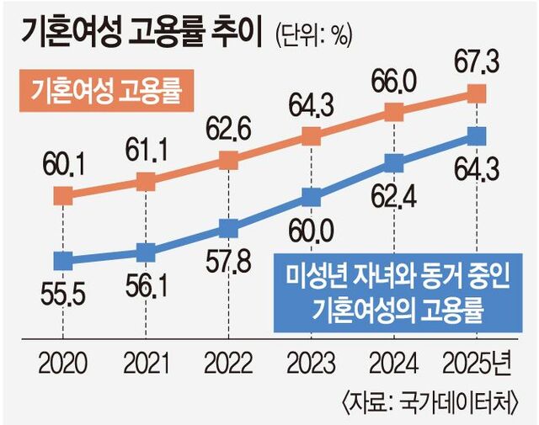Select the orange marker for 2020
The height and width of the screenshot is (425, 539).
click(x=62, y=196)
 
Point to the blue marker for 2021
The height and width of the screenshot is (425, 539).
click(x=146, y=251)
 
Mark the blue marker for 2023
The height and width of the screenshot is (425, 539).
click(x=312, y=198)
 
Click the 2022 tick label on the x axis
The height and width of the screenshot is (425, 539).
click(x=228, y=364)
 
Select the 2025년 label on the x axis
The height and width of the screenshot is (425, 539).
click(x=478, y=364)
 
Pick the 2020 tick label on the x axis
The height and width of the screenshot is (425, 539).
click(x=62, y=364)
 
